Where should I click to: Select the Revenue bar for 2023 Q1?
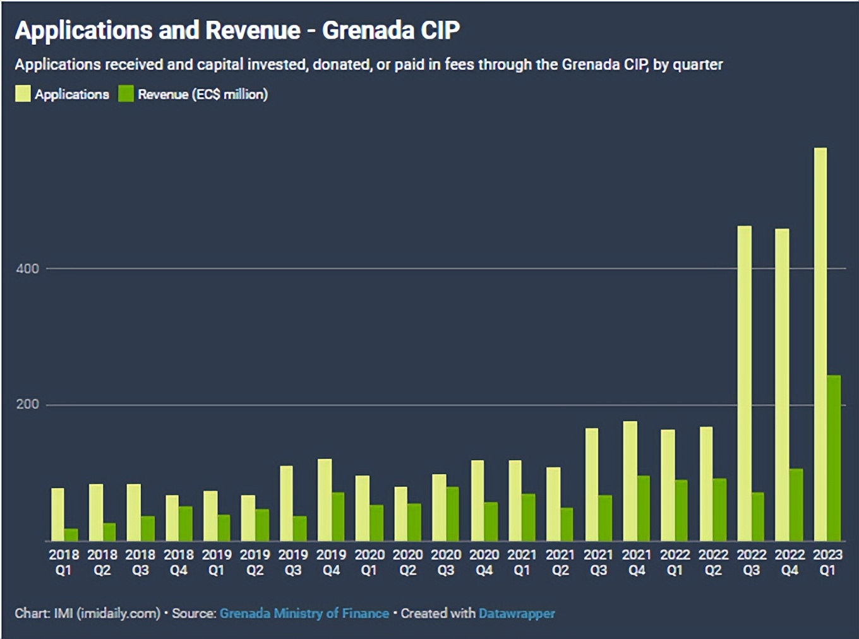coord(834,458)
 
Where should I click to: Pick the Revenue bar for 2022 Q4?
coord(796,505)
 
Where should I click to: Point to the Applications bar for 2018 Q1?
coord(57,514)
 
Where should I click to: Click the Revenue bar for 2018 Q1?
coord(71,534)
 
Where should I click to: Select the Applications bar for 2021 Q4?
coord(630,481)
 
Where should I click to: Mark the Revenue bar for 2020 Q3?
coord(453,513)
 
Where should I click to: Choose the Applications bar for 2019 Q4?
coord(325,499)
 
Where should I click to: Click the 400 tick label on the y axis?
coord(27,268)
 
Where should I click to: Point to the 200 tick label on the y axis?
coord(27,404)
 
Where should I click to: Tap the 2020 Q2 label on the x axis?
coord(407,562)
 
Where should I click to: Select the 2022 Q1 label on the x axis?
coord(675,562)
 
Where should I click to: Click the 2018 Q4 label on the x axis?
coord(179,562)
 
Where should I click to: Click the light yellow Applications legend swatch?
coord(23,94)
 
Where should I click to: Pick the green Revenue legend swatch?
coord(126,94)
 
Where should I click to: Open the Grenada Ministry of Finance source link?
coord(304,613)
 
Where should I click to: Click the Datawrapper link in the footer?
coord(517,613)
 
